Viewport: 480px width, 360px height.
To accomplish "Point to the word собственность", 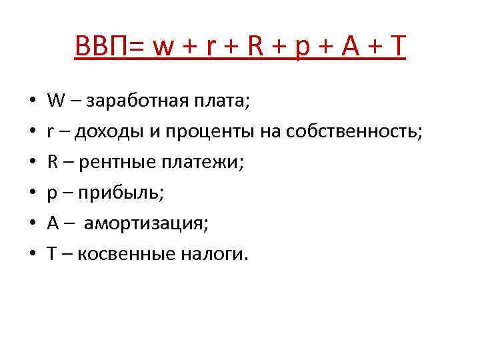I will click(x=355, y=131).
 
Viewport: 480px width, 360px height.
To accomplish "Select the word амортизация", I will click(x=147, y=223).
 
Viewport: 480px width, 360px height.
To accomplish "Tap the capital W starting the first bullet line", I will click(x=55, y=103).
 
